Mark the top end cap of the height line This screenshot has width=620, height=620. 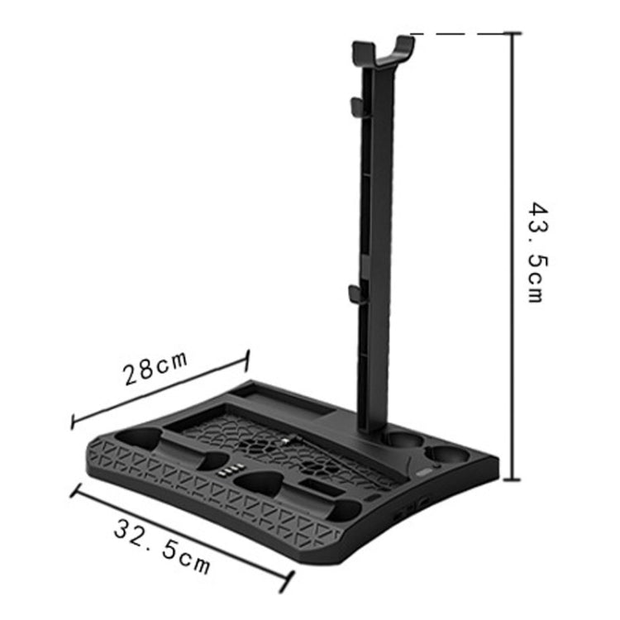pyautogui.click(x=513, y=34)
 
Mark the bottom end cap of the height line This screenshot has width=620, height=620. pyautogui.click(x=513, y=479)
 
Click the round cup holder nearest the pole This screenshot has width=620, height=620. pyautogui.click(x=400, y=440)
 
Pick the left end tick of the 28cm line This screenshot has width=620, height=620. pyautogui.click(x=73, y=422)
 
